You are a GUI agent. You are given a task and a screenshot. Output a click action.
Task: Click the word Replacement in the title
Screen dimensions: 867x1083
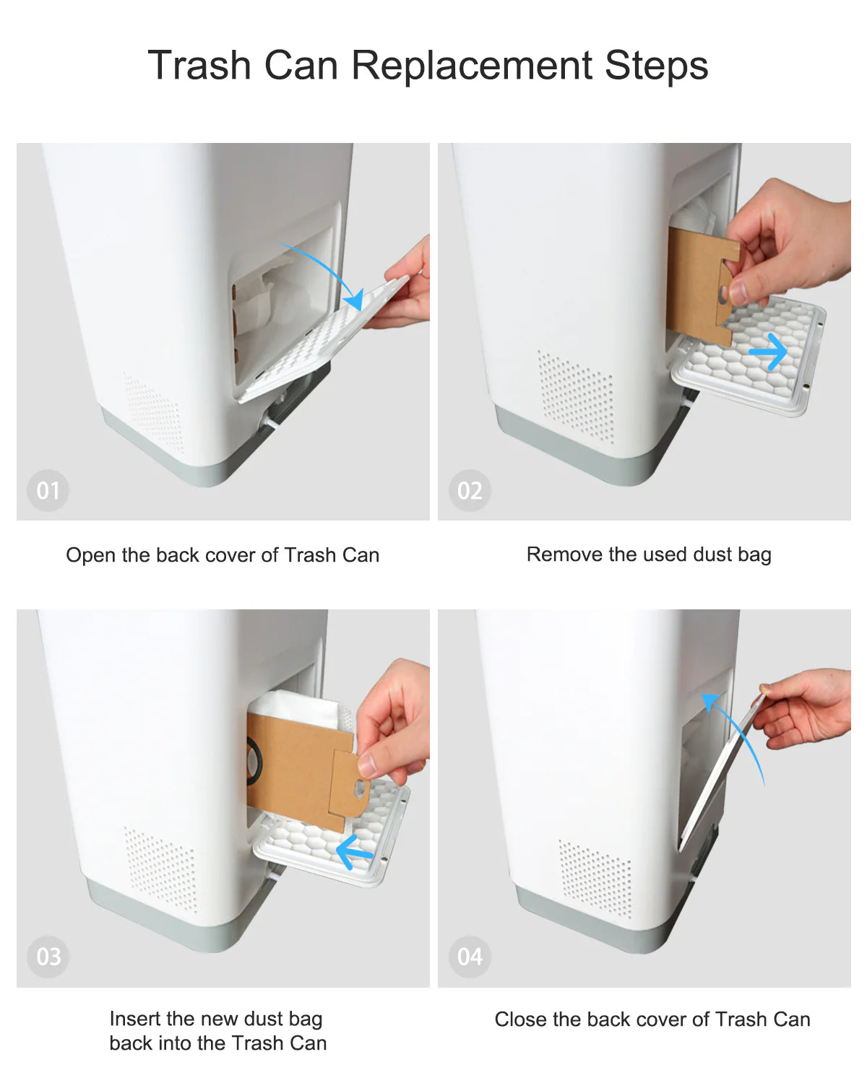[x=473, y=66]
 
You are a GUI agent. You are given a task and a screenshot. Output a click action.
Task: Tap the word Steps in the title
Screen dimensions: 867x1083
[x=656, y=66]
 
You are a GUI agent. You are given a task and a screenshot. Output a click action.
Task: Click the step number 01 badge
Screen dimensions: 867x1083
[x=48, y=490]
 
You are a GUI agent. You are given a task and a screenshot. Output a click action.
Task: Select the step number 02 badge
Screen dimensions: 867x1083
[x=470, y=490]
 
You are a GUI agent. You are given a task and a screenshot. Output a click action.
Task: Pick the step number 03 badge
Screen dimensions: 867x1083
[x=48, y=957]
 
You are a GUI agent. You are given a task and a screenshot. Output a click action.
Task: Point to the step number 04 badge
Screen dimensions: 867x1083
[x=470, y=957]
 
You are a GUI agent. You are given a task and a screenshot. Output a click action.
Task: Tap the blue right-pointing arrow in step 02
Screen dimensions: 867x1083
[x=768, y=352]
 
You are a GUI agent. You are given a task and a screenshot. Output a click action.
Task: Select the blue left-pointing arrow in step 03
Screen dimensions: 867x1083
[x=354, y=853]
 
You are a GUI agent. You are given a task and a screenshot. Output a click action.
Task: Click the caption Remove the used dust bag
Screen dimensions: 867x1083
[x=649, y=554]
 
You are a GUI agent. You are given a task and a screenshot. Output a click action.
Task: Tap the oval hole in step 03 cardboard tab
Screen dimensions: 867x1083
[x=361, y=788]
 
